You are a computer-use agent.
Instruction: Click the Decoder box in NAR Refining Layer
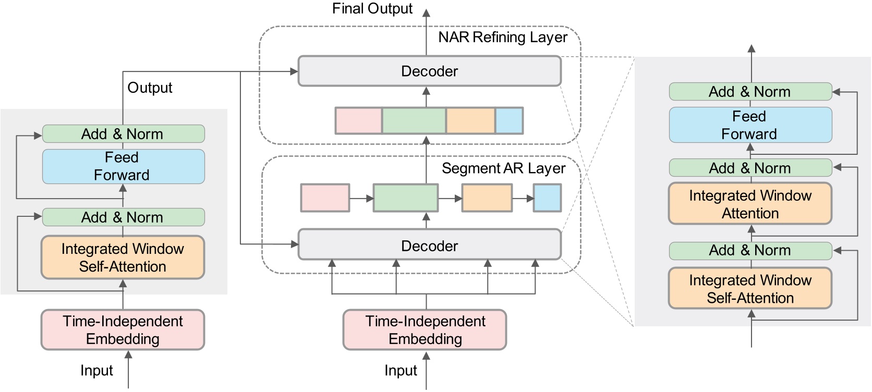point(429,71)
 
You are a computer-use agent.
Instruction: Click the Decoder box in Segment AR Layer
point(429,246)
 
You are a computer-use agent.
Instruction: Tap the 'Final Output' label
point(372,9)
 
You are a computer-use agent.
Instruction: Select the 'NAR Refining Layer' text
point(502,38)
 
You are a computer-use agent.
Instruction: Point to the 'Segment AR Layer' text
point(503,168)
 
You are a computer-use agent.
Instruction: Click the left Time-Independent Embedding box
point(123,330)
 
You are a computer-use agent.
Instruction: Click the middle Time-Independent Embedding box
point(425,330)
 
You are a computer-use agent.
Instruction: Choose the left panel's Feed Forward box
point(123,166)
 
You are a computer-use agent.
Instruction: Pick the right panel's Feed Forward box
point(750,125)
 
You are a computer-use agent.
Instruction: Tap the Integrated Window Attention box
point(750,204)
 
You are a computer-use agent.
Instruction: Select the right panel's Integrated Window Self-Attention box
point(750,289)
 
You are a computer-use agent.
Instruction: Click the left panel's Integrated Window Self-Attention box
point(123,258)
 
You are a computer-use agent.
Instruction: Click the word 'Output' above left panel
point(150,88)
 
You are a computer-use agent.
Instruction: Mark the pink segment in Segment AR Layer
point(325,198)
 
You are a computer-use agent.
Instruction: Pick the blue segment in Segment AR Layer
point(547,198)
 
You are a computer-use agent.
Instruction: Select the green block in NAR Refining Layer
point(414,121)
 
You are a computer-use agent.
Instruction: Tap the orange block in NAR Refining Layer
point(470,121)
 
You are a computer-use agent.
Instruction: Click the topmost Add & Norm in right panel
point(750,92)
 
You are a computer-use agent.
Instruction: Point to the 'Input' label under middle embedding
point(401,371)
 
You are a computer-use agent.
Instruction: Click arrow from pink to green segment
point(361,199)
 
